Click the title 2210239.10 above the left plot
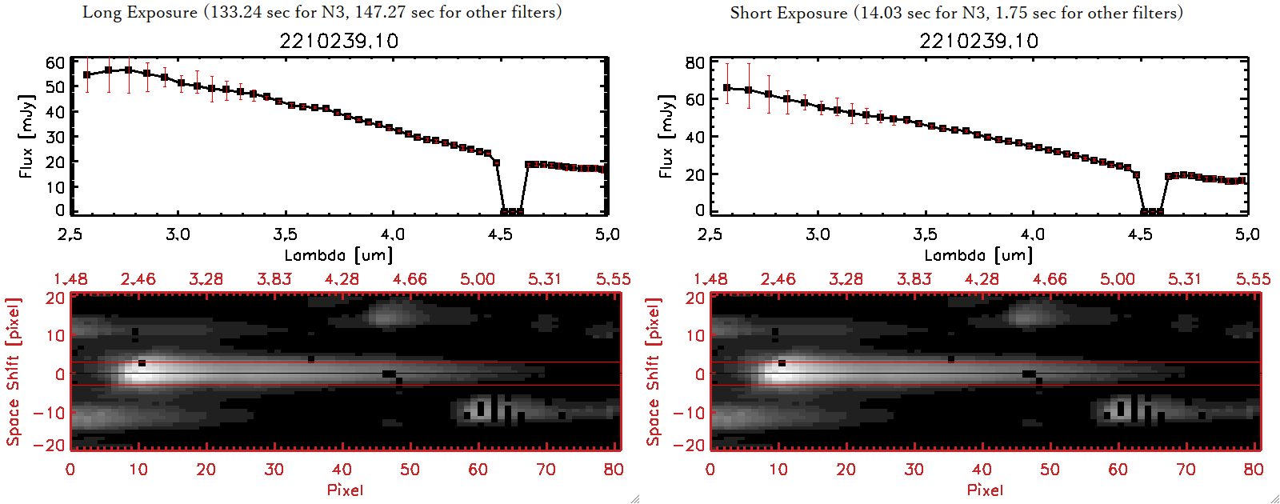338,41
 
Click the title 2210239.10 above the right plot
978,41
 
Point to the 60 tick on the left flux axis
55,62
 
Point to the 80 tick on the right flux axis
695,62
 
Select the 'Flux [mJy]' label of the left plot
26,136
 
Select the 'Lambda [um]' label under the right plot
978,255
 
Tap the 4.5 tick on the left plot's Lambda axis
500,234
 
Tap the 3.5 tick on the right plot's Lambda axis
925,234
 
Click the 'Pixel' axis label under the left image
345,490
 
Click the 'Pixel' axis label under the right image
985,490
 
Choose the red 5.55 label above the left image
613,279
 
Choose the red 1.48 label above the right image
710,279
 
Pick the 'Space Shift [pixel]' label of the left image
13,372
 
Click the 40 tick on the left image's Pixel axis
342,470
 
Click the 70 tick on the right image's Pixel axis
1186,470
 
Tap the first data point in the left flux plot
87,75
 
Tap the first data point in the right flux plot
727,88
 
